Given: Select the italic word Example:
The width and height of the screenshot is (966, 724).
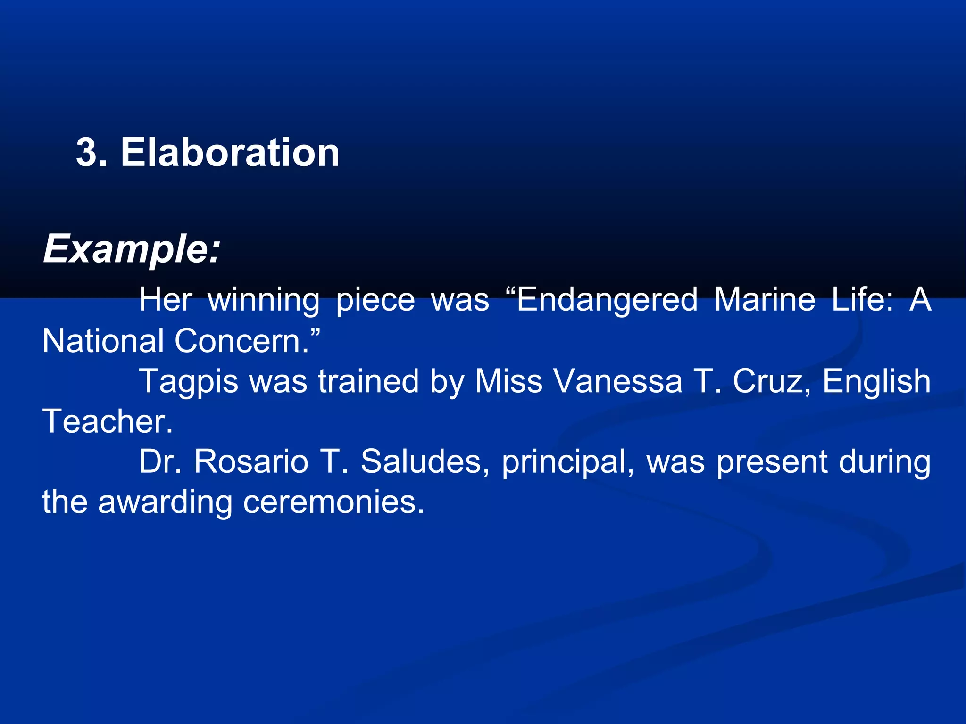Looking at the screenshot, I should pos(132,249).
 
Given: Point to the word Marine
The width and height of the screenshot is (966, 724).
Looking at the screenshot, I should pos(765,300).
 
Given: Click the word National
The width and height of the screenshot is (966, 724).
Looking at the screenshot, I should pos(103,341).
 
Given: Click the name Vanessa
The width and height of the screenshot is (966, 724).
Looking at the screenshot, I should pos(617,381).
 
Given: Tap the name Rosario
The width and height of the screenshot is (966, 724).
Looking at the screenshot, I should pos(251,461).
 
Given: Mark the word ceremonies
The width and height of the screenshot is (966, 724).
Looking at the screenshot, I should pos(333,502).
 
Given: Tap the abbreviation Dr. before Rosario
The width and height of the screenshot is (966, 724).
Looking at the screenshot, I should pos(160,461).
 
